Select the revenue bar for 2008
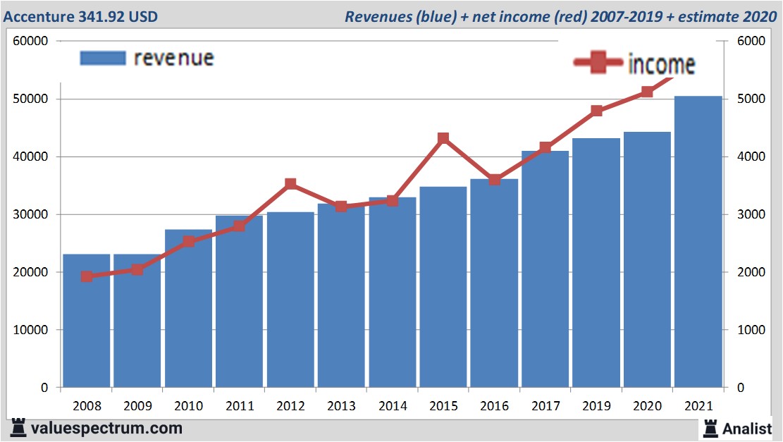pos(87,321)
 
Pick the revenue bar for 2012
pos(290,300)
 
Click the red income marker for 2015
pos(443,138)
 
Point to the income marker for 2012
pos(290,184)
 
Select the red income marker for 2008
pos(87,276)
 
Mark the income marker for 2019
pos(596,111)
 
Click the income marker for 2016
pos(494,180)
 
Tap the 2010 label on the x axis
pos(188,407)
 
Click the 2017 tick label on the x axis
pos(545,407)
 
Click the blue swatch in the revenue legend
pos(103,58)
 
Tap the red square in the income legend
pos(599,63)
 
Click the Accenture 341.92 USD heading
pos(81,16)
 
